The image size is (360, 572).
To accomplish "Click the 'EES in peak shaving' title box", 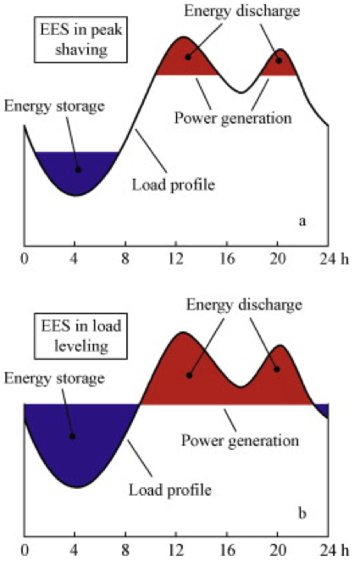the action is click(80, 39).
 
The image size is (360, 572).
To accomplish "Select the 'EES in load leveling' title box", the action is click(80, 336).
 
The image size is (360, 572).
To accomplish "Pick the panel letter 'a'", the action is click(302, 221).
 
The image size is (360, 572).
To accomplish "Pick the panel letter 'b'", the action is click(302, 513).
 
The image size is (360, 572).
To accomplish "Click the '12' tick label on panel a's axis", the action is click(176, 259).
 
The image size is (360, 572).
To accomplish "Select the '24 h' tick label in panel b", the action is click(335, 550).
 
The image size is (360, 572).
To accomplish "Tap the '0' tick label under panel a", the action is click(25, 259).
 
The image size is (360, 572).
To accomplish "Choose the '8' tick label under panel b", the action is click(125, 550).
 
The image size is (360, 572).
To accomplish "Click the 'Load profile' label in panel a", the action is click(174, 185).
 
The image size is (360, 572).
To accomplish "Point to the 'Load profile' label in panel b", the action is click(170, 490).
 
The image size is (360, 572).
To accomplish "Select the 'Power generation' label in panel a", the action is click(233, 118).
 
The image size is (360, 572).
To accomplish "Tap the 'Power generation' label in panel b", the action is click(241, 441).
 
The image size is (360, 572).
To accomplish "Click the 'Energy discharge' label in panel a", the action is click(242, 10).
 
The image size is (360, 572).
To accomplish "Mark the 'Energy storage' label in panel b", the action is click(54, 378).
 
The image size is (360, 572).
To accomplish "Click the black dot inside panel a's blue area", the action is click(78, 169).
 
